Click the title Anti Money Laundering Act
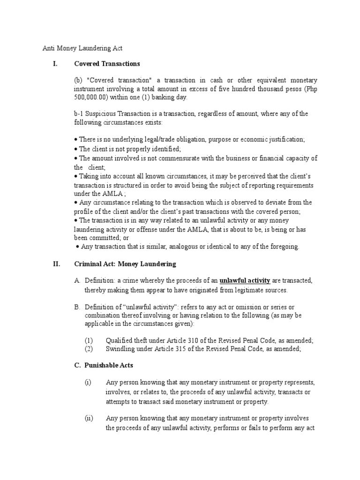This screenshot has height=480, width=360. point(82,48)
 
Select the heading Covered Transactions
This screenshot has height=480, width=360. point(107,64)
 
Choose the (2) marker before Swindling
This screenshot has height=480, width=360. point(89,349)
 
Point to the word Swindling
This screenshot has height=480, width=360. point(121,349)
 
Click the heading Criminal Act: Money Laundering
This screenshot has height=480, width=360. point(125,264)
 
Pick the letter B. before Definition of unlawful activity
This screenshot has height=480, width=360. point(77,307)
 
